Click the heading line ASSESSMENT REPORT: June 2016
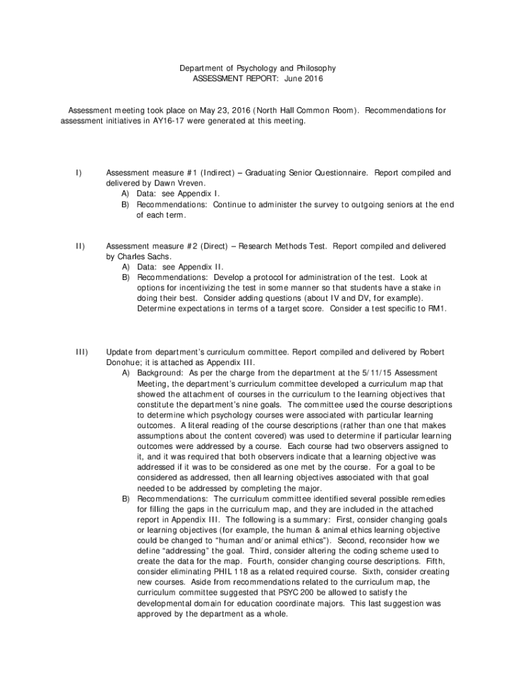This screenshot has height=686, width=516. pyautogui.click(x=257, y=79)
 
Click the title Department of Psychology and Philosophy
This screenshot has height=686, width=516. pyautogui.click(x=257, y=68)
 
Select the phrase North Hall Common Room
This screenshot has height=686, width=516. pyautogui.click(x=307, y=111)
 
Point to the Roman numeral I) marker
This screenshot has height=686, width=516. pyautogui.click(x=78, y=173)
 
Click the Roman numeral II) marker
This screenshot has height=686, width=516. pyautogui.click(x=80, y=247)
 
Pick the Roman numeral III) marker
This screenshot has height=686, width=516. pyautogui.click(x=81, y=352)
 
